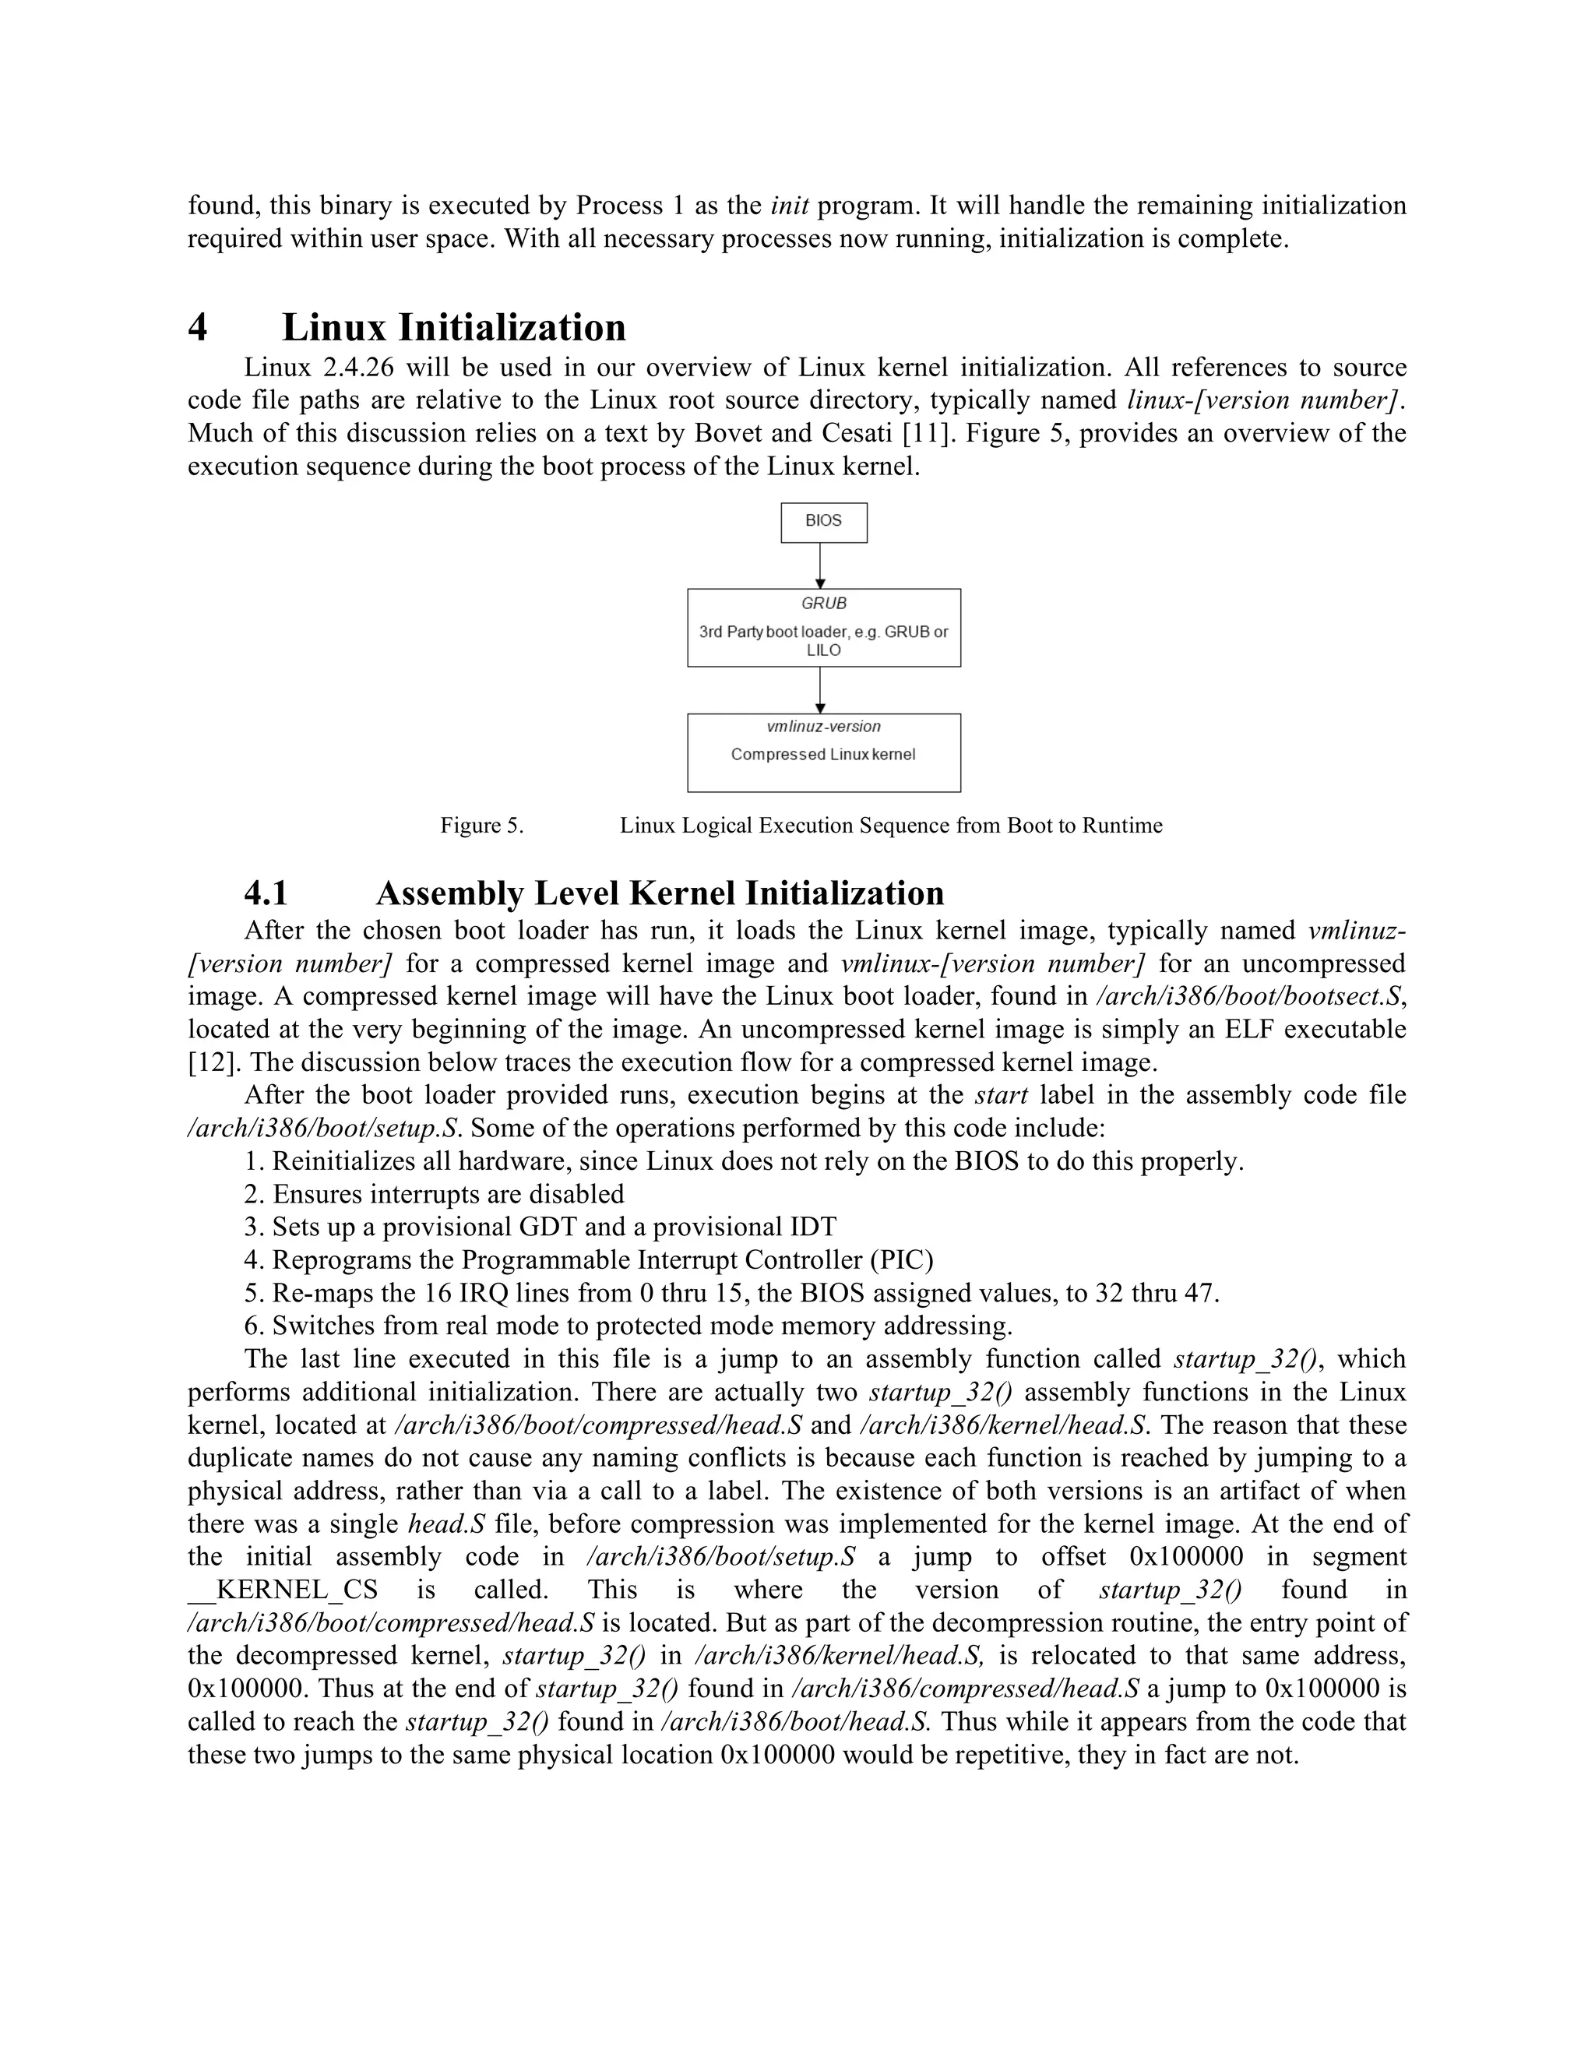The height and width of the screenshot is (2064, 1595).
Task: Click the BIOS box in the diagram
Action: click(x=823, y=522)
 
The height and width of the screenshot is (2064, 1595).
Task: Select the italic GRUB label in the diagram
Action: click(x=823, y=603)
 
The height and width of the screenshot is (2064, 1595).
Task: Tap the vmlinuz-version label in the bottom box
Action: click(x=823, y=726)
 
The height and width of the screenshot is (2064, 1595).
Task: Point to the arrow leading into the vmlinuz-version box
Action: click(x=820, y=690)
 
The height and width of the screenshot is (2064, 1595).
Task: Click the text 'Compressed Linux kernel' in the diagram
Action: click(x=823, y=754)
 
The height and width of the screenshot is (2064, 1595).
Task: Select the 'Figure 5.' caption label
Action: click(x=481, y=825)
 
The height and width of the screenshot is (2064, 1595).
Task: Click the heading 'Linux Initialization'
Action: click(x=453, y=327)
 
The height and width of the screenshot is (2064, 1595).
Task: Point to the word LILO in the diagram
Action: click(x=823, y=650)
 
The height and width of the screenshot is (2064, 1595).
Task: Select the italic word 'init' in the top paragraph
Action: click(x=789, y=205)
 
